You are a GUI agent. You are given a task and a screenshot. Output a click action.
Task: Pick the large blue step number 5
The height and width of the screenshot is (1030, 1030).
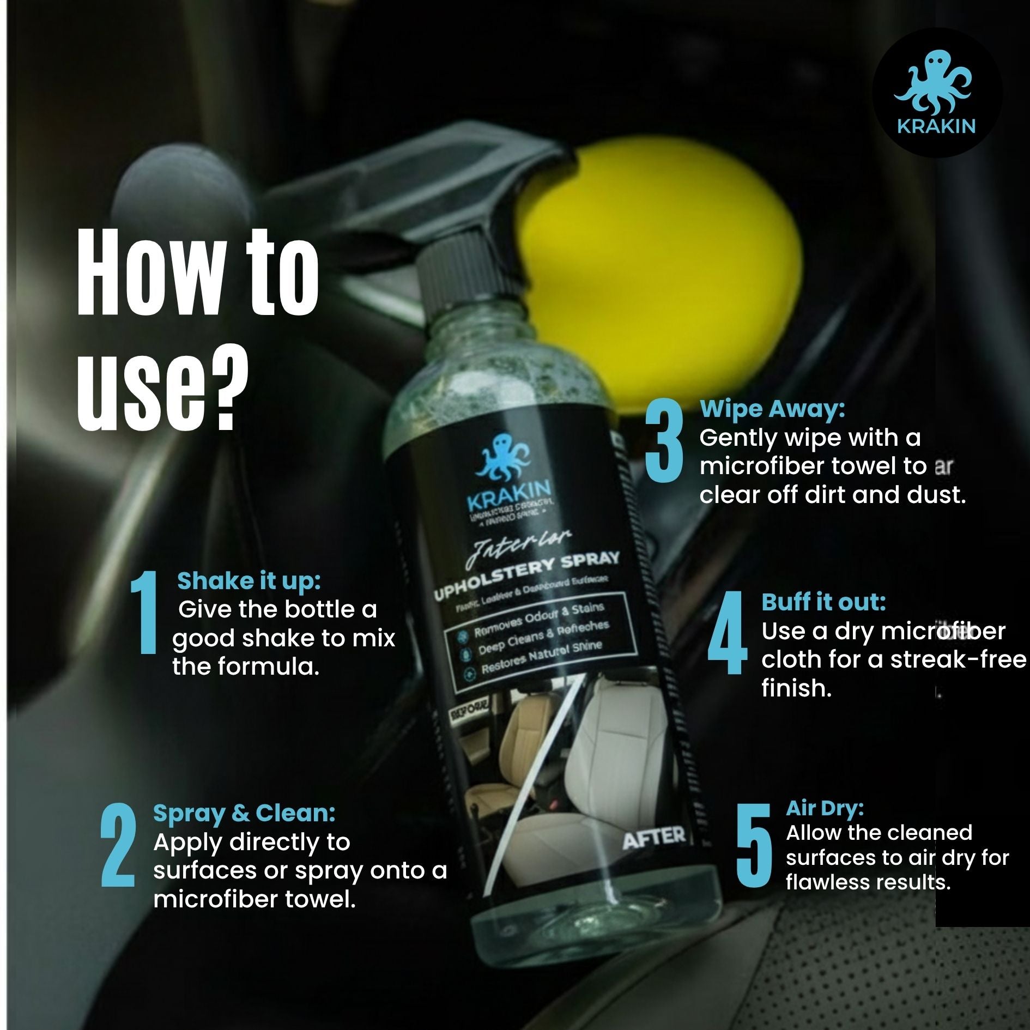point(754,844)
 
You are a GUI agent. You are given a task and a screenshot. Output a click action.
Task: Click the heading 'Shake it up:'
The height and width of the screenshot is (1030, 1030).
point(249,581)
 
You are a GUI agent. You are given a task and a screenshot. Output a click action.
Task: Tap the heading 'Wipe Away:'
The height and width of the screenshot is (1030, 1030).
point(772,409)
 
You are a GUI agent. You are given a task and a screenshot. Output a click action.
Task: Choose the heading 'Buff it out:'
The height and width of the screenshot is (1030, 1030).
point(823,602)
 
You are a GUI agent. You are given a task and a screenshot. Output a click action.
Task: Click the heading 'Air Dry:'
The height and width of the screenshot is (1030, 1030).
point(825,808)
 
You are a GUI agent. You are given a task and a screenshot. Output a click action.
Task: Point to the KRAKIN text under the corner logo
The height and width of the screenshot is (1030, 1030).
point(936,126)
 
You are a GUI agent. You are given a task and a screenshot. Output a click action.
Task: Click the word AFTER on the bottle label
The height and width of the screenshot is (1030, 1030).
point(653,838)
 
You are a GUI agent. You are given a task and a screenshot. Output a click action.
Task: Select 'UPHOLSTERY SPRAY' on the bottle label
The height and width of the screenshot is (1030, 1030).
point(526,577)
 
